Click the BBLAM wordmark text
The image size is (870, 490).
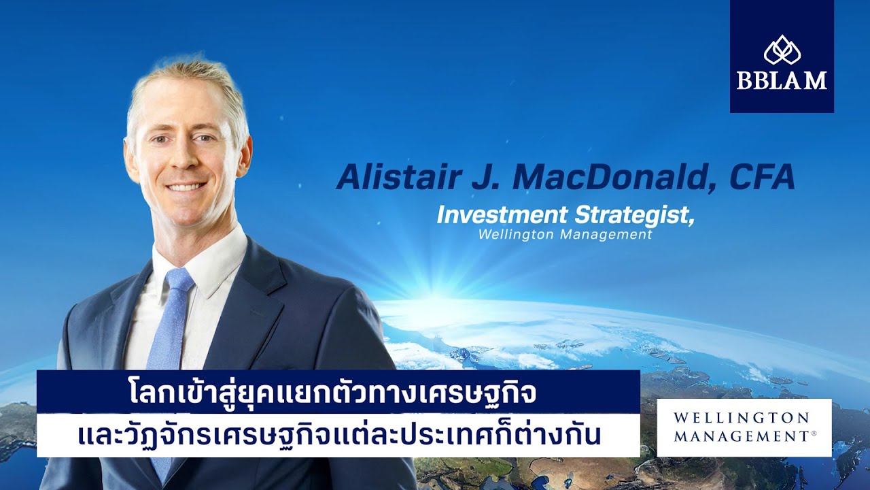point(782,80)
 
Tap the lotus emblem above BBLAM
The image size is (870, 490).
point(782,50)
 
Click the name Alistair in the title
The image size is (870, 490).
point(400,177)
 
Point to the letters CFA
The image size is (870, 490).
point(762,177)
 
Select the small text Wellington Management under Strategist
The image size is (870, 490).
point(565,235)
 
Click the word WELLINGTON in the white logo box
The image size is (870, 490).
point(742,418)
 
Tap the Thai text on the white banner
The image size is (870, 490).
point(338,435)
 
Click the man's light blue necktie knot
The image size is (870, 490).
point(179,280)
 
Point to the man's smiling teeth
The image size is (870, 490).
point(186,187)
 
